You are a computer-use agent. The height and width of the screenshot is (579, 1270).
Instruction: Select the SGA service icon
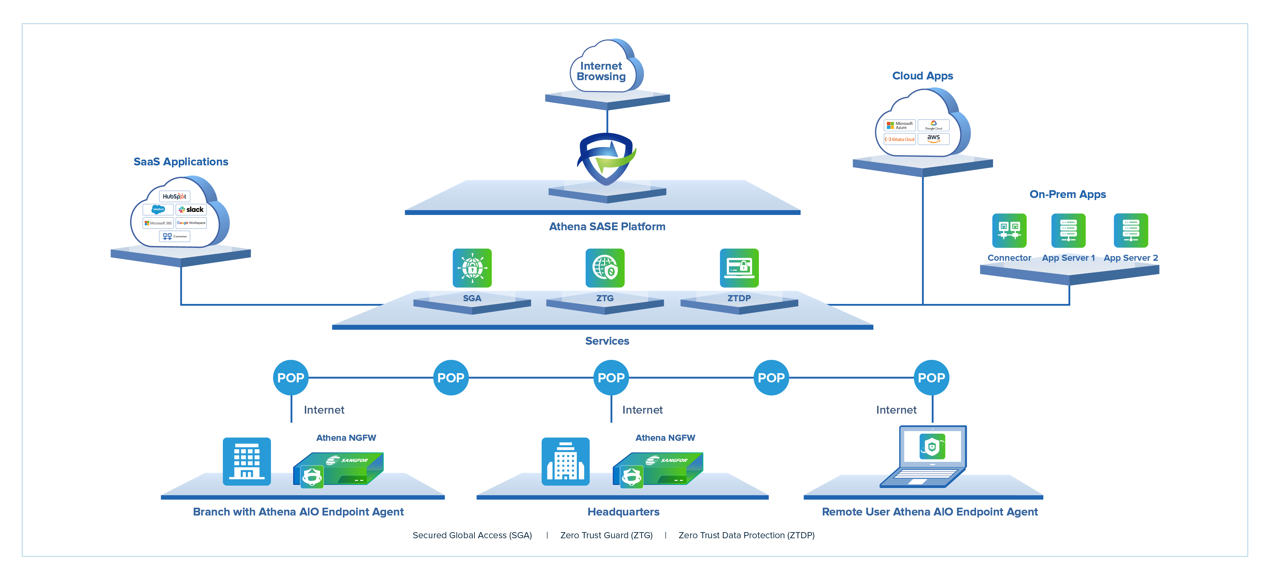472,268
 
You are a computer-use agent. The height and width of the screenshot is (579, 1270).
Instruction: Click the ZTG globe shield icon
605,268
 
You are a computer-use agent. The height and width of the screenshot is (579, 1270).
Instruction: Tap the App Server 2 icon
1130,230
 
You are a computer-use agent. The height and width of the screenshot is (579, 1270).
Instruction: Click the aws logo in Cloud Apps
933,139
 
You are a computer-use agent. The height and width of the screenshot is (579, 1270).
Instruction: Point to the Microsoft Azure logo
900,125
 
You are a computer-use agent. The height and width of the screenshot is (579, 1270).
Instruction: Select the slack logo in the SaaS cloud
191,210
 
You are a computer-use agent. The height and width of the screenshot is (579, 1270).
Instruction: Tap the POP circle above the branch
290,378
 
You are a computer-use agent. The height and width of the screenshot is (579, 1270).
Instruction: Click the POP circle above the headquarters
611,378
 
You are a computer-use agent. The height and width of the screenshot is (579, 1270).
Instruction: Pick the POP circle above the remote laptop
931,378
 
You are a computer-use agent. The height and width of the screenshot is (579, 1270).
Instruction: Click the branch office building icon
246,461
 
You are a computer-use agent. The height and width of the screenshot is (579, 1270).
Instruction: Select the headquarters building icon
565,461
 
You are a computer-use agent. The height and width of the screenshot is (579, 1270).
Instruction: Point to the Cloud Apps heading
922,76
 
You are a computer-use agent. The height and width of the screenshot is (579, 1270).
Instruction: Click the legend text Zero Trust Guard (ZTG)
606,535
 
